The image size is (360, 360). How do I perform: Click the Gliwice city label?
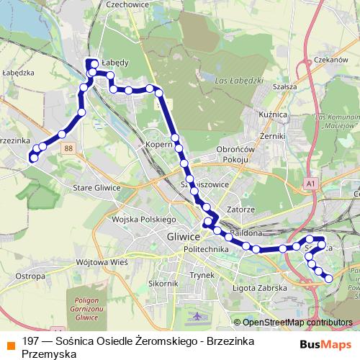(x=182, y=236)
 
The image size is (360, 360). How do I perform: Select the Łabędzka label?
(x=19, y=73)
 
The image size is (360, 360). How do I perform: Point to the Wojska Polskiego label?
(x=145, y=219)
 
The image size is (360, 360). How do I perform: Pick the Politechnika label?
(x=206, y=248)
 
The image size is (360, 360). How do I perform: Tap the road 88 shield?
(x=68, y=148)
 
